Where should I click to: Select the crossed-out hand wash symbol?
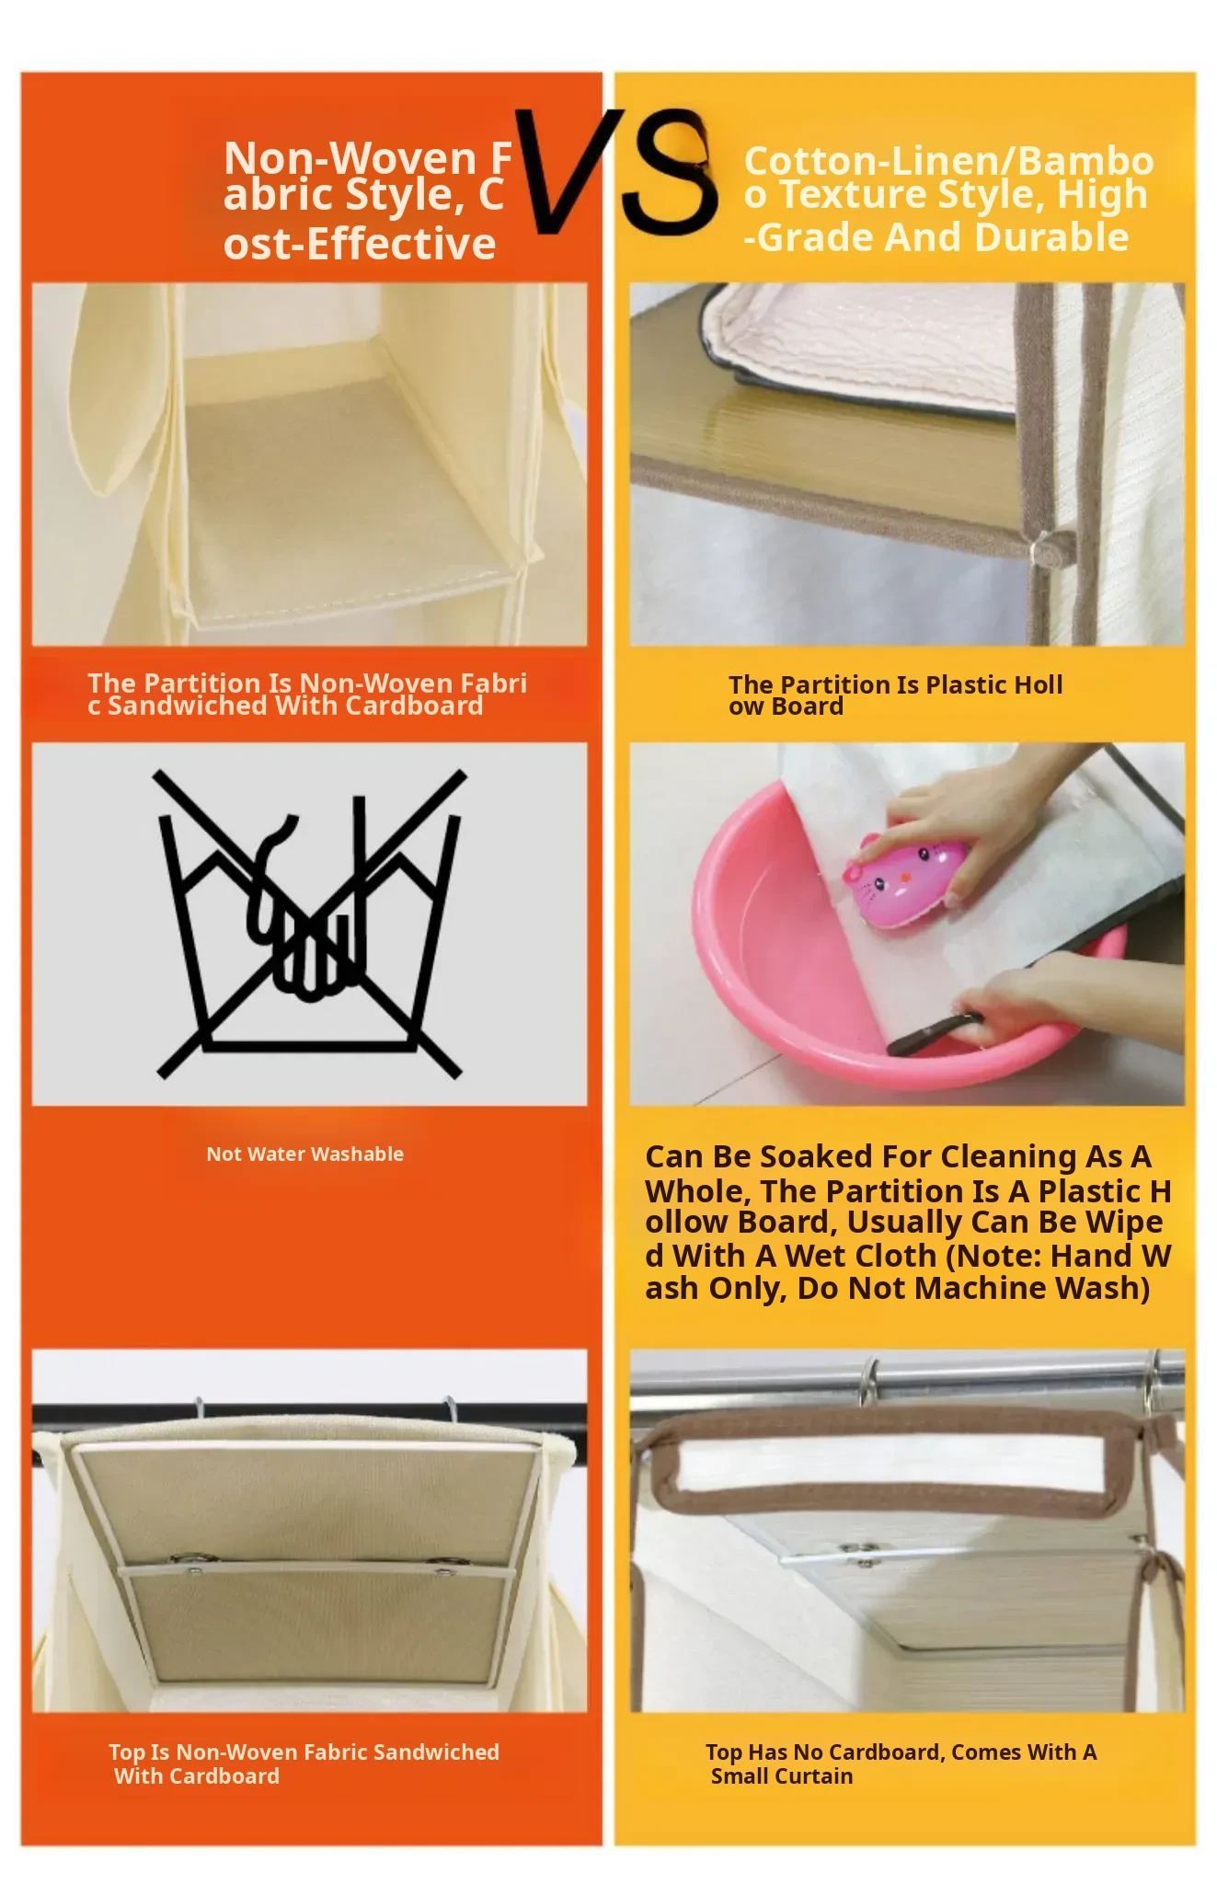[x=310, y=923]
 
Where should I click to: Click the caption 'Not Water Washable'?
[x=304, y=1154]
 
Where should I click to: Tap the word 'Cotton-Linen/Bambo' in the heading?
[x=948, y=162]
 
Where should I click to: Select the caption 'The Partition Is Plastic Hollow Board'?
[x=895, y=695]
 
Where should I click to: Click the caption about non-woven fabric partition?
[x=307, y=695]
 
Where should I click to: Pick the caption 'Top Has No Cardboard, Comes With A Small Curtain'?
[x=901, y=1763]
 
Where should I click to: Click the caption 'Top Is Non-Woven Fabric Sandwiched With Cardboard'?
[x=304, y=1763]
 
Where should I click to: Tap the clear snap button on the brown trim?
[x=1046, y=549]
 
